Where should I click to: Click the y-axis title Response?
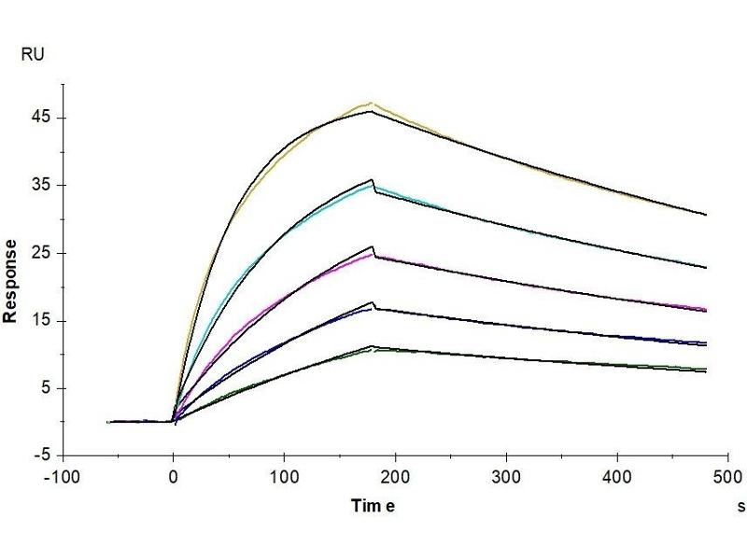tap(12, 280)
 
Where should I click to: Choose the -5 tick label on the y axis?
tap(39, 456)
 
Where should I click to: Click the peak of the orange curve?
tap(372, 103)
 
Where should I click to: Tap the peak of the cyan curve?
tap(372, 186)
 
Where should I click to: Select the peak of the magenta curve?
tap(372, 254)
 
